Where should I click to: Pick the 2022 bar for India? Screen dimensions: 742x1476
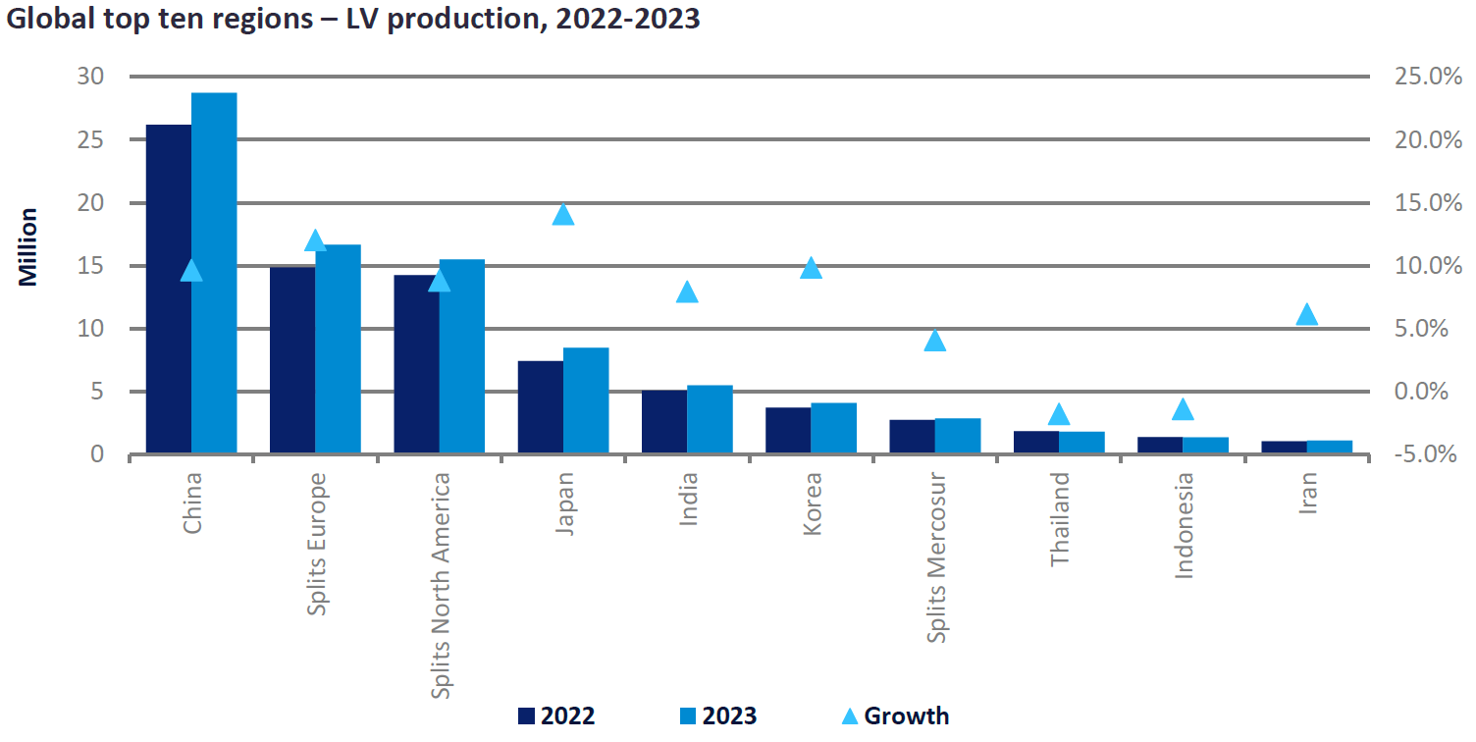[664, 422]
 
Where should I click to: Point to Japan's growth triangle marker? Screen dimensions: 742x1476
[563, 214]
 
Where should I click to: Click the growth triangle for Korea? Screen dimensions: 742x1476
[811, 268]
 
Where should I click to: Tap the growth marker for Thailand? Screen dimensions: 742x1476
[1059, 414]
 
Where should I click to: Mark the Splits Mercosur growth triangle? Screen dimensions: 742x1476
[935, 341]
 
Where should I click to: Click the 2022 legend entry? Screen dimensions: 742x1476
[555, 715]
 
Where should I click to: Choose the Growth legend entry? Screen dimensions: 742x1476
[895, 715]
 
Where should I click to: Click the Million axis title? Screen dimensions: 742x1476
[28, 246]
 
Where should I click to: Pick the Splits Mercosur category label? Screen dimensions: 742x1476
[937, 557]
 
